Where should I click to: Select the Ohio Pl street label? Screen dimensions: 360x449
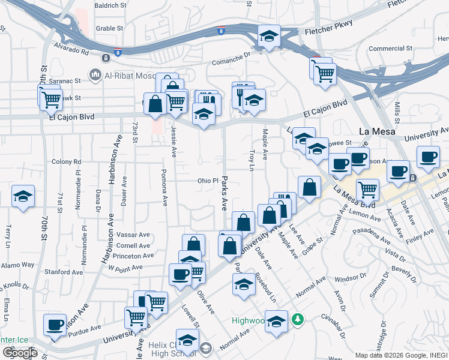[207, 181]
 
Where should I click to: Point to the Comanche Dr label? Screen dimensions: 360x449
[231, 60]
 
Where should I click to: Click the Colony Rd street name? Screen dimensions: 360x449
[66, 162]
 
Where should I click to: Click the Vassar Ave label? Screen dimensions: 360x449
[133, 235]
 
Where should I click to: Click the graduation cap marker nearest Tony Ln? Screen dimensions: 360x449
[23, 196]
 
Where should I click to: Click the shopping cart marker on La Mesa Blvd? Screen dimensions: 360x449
[367, 190]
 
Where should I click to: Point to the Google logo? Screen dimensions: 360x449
[20, 352]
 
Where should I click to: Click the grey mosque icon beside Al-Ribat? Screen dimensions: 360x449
[94, 75]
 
